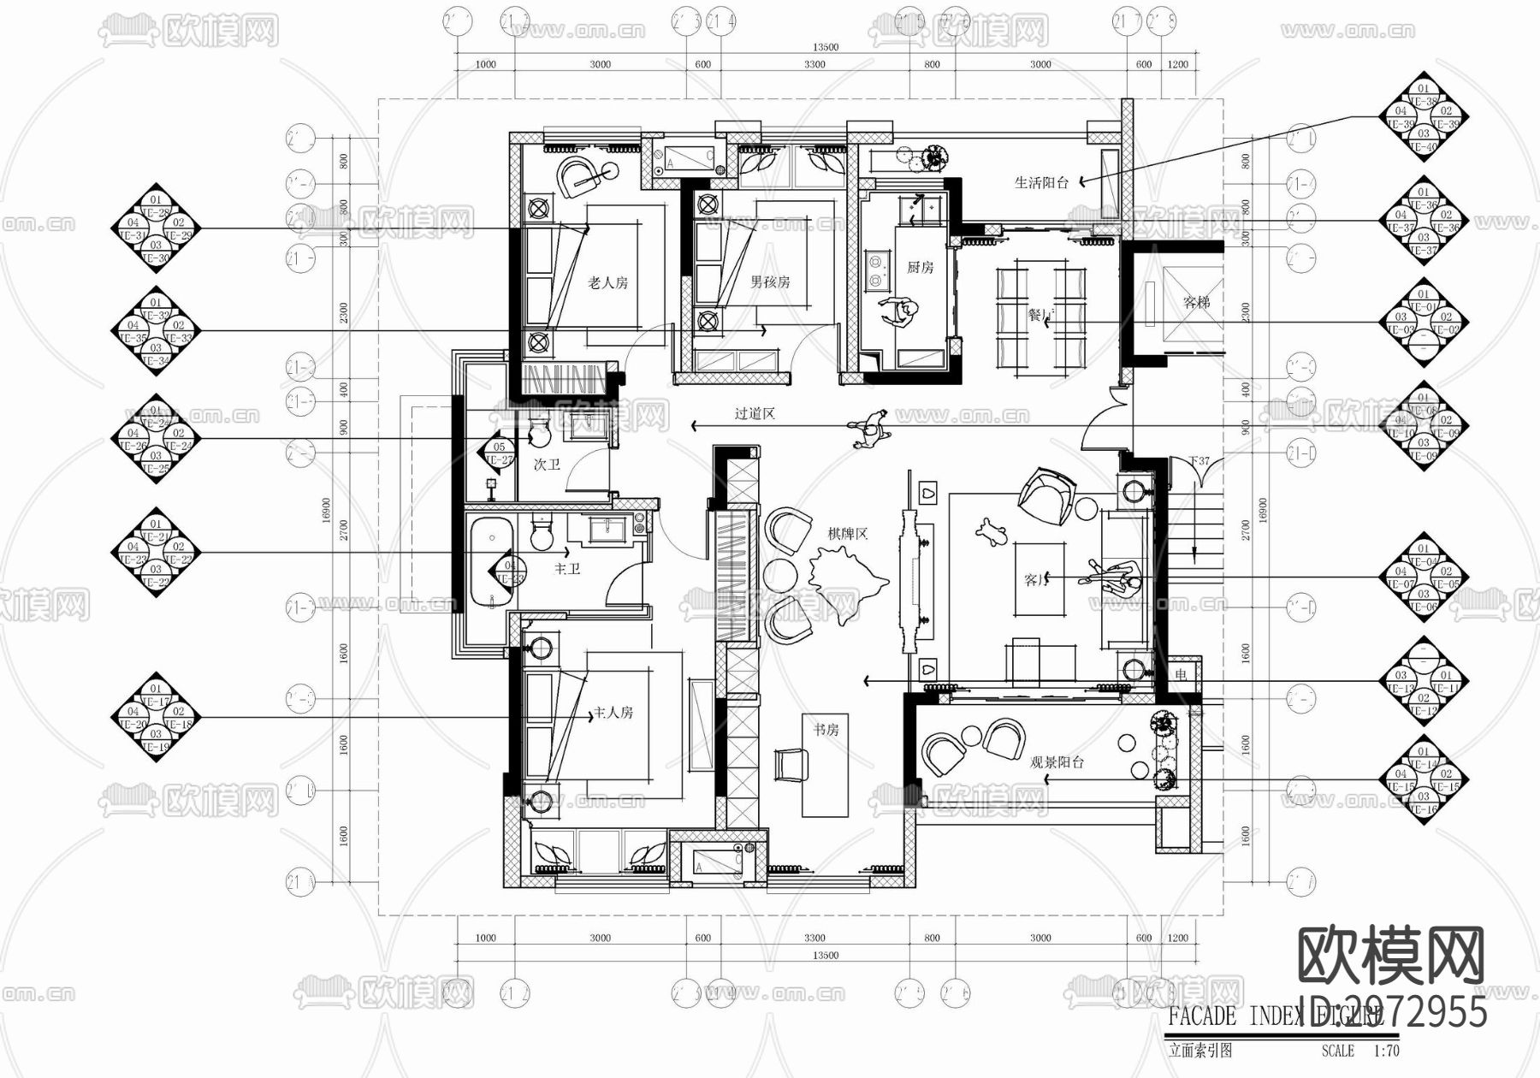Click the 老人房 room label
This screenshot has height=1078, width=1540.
pyautogui.click(x=607, y=282)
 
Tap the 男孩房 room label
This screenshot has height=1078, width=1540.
pyautogui.click(x=770, y=281)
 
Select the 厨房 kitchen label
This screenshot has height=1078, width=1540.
pyautogui.click(x=920, y=268)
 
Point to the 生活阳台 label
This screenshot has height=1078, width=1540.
pyautogui.click(x=1041, y=182)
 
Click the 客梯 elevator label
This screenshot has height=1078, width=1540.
pyautogui.click(x=1196, y=302)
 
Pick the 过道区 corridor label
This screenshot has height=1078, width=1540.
pyautogui.click(x=755, y=414)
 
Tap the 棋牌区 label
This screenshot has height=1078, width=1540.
pyautogui.click(x=847, y=534)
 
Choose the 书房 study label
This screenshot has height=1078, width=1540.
pyautogui.click(x=826, y=730)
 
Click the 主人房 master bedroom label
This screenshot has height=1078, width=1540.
pyautogui.click(x=613, y=713)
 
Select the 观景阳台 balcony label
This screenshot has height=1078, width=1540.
pyautogui.click(x=1057, y=762)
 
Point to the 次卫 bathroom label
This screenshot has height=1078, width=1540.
pyautogui.click(x=547, y=465)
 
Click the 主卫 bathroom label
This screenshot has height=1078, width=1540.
pyautogui.click(x=567, y=568)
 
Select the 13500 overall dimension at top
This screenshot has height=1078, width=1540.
pyautogui.click(x=825, y=48)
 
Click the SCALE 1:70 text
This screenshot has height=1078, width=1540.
pyautogui.click(x=1359, y=1051)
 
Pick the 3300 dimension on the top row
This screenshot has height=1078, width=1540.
pyautogui.click(x=814, y=64)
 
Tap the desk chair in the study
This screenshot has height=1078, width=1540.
pyautogui.click(x=791, y=764)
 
